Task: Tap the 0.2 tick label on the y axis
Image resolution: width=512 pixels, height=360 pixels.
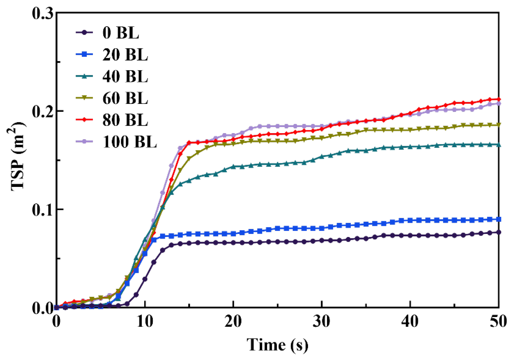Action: tap(42, 111)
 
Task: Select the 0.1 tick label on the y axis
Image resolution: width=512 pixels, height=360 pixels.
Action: tap(42, 210)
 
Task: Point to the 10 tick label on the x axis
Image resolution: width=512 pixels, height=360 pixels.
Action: tap(145, 322)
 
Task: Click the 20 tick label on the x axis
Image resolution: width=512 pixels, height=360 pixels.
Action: tap(233, 322)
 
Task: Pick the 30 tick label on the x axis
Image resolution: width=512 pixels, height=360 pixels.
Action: tap(322, 322)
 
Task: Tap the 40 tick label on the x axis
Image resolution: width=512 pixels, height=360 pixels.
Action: tap(410, 322)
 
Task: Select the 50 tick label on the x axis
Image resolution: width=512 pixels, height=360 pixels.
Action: tap(498, 322)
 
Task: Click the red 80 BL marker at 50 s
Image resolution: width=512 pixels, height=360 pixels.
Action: tap(499, 99)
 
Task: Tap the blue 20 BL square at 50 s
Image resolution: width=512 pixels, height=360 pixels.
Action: tap(499, 219)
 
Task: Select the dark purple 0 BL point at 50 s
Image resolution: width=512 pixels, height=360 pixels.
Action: tap(499, 232)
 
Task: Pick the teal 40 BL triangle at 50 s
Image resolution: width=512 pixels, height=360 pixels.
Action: tap(499, 145)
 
